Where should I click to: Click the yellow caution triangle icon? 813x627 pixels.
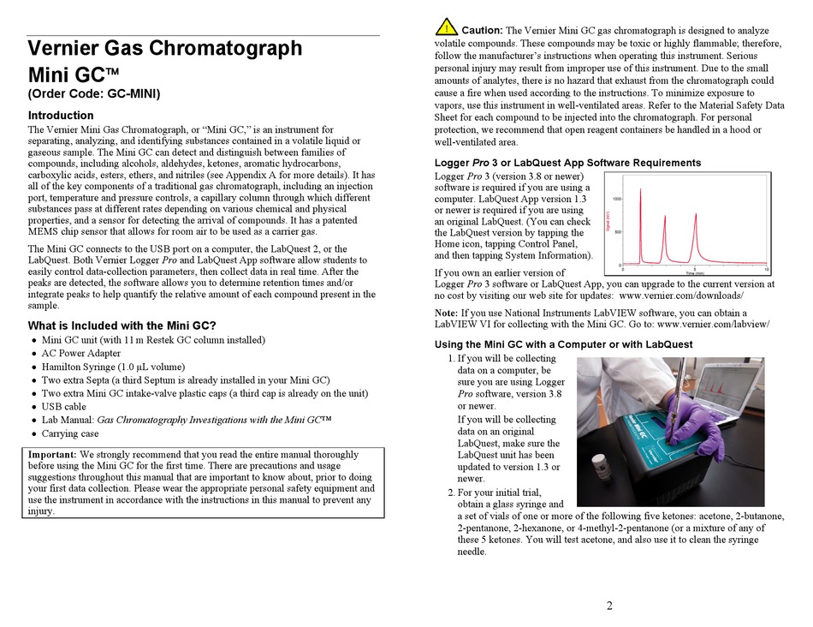[446, 27]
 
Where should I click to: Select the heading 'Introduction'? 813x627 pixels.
[61, 116]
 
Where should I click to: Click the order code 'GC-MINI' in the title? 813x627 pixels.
[128, 94]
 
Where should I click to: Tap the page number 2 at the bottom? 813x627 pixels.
[609, 606]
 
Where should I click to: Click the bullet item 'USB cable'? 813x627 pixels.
[64, 407]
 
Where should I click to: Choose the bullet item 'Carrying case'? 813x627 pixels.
[70, 433]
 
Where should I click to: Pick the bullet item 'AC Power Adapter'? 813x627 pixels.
[81, 353]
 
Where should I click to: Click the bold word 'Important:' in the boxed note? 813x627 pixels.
[52, 455]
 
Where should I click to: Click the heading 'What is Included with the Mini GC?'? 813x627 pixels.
[122, 325]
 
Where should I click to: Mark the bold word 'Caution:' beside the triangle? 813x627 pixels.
[482, 31]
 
